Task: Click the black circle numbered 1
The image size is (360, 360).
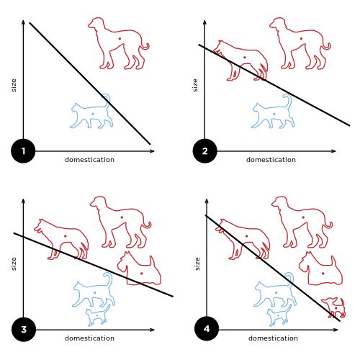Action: pyautogui.click(x=23, y=151)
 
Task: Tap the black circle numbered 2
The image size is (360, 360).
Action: pyautogui.click(x=204, y=151)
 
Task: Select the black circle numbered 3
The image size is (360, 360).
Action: pyautogui.click(x=24, y=329)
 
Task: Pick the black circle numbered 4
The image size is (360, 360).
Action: pyautogui.click(x=207, y=328)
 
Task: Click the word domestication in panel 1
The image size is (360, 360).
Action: pyautogui.click(x=89, y=160)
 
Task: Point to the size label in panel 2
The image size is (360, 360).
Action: pyautogui.click(x=195, y=85)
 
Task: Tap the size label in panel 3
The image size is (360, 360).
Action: pyautogui.click(x=14, y=264)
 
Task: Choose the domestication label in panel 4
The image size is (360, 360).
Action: pyautogui.click(x=273, y=338)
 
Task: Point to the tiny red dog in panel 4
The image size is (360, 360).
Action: pyautogui.click(x=334, y=307)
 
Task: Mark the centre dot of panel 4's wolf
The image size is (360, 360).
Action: pyautogui.click(x=246, y=236)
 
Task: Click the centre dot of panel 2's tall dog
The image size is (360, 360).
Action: pyautogui.click(x=301, y=38)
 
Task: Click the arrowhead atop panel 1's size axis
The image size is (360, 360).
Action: pyautogui.click(x=23, y=22)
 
